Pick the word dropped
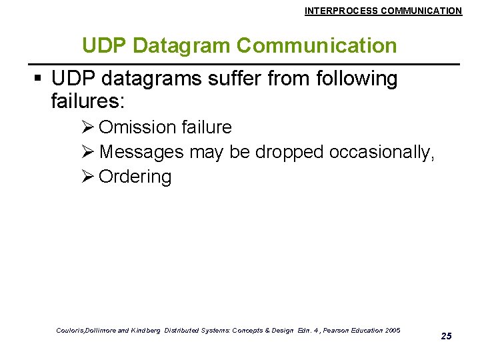[288, 152]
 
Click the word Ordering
[135, 177]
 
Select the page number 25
[447, 336]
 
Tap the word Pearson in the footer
[324, 331]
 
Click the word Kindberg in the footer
[146, 331]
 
